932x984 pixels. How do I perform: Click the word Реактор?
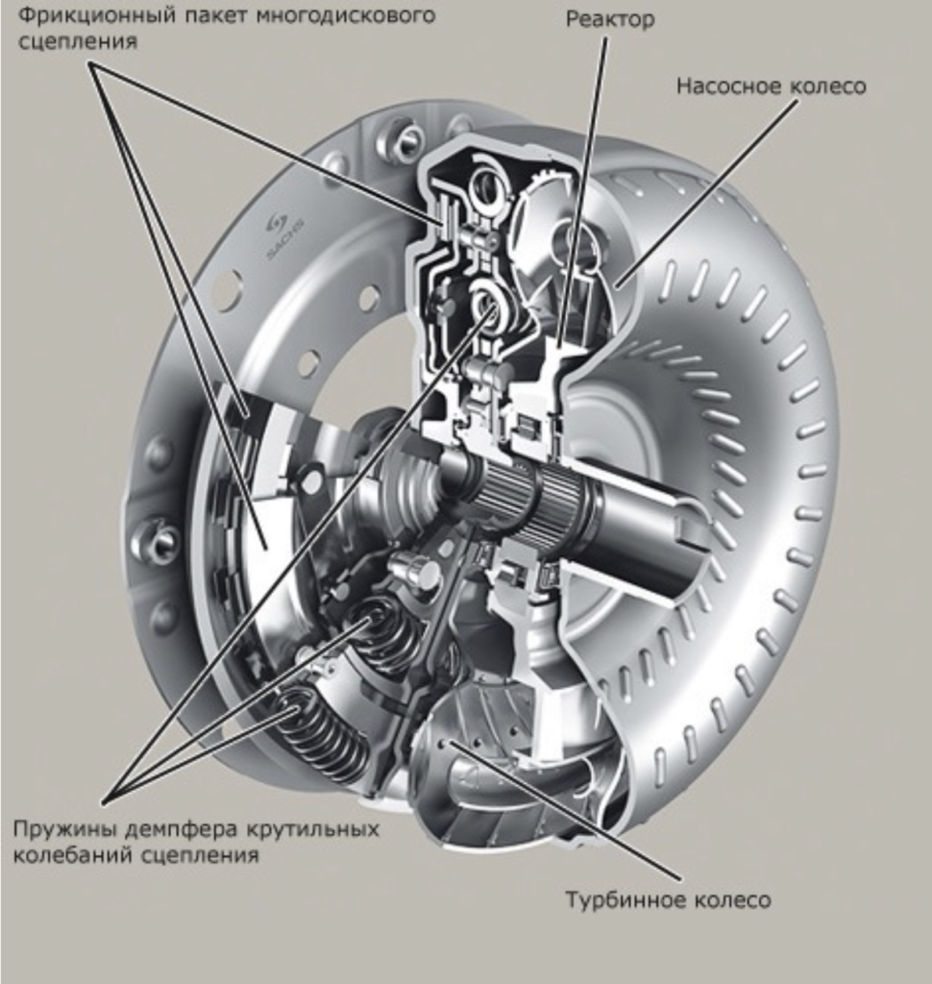tap(610, 19)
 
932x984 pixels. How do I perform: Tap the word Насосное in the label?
tap(727, 86)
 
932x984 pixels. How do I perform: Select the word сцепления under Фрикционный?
tap(77, 42)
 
